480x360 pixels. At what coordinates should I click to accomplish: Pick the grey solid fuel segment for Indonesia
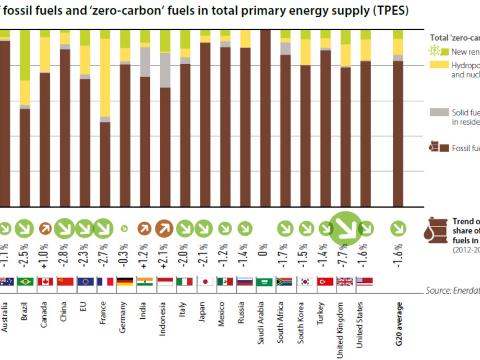(x=165, y=70)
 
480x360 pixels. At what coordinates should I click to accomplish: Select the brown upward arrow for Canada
(x=45, y=229)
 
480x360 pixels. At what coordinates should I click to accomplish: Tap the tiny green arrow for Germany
(x=125, y=229)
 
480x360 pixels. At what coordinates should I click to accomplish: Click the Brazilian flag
(x=25, y=282)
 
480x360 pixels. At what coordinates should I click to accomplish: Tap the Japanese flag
(x=205, y=282)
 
